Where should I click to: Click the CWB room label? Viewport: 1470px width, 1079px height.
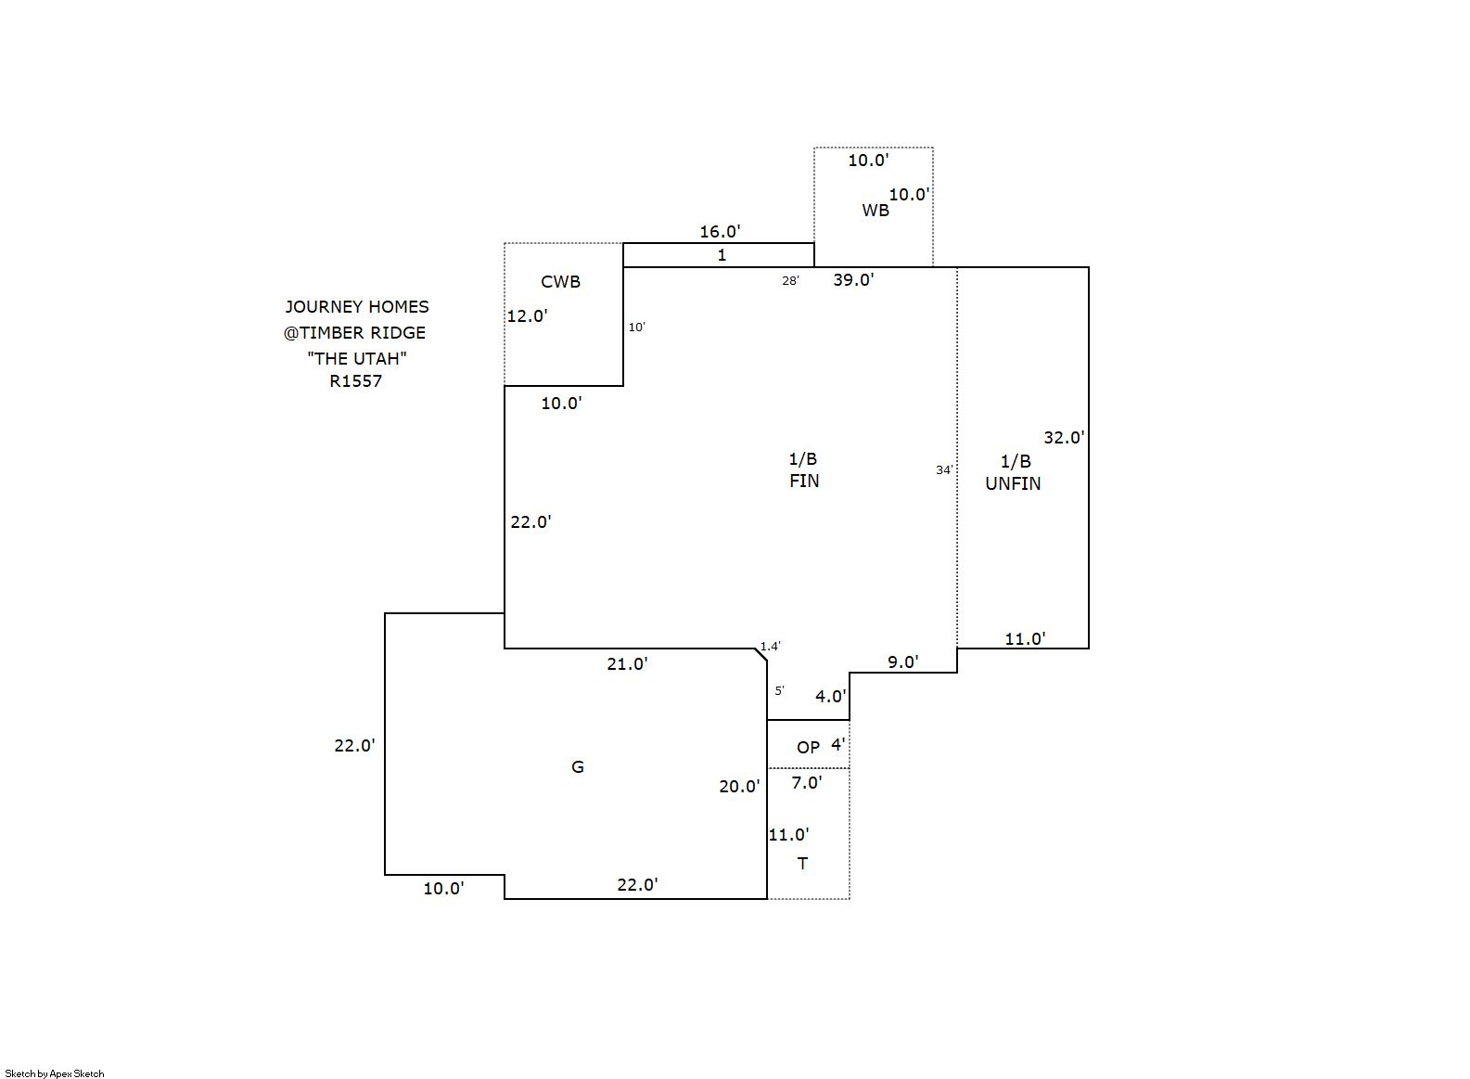click(560, 282)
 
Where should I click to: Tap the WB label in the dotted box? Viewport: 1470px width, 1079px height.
click(875, 211)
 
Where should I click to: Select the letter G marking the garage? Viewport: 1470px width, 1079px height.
click(577, 766)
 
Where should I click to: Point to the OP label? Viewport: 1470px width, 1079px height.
click(808, 747)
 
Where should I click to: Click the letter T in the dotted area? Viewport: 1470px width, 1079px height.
click(802, 864)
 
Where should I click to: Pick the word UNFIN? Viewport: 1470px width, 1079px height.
click(1013, 483)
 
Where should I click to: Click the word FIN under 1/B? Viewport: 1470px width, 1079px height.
click(804, 481)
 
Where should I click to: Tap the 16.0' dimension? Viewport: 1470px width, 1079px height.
click(720, 232)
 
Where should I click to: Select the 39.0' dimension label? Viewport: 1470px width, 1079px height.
click(853, 279)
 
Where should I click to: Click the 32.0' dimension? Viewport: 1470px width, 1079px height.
click(1064, 438)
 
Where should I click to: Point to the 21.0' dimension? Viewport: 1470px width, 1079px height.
click(627, 664)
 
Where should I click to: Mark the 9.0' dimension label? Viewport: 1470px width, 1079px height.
click(902, 662)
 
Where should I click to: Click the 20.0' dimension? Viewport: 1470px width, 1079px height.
click(739, 787)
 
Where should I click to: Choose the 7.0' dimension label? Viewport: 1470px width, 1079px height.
click(806, 783)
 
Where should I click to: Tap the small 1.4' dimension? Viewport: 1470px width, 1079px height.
click(771, 647)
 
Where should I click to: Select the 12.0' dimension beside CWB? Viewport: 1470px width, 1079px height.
click(527, 316)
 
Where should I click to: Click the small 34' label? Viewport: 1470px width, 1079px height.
click(943, 470)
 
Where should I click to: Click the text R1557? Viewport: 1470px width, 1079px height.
click(355, 381)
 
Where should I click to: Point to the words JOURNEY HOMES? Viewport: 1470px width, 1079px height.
click(357, 306)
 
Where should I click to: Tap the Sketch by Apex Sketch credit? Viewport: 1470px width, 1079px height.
click(55, 1073)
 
